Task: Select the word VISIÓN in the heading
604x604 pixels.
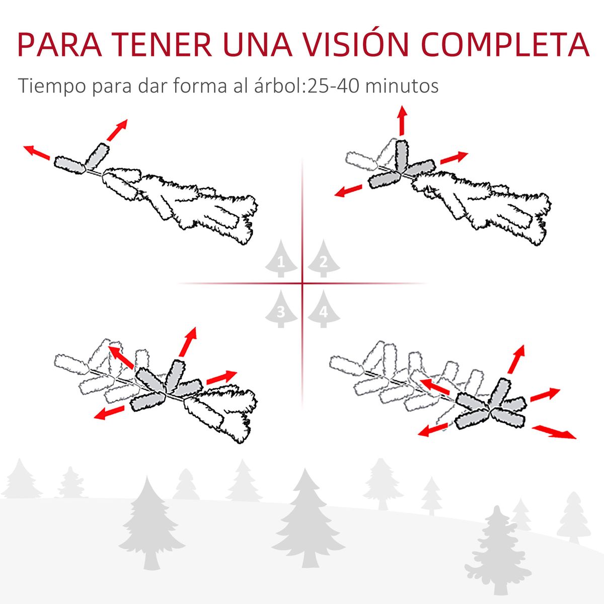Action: [x=357, y=45]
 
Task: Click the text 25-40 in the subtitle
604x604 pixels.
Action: [x=333, y=86]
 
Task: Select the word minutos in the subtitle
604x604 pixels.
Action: [x=401, y=86]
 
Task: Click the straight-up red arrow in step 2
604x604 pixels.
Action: [x=402, y=121]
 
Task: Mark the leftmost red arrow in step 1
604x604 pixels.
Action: [x=37, y=152]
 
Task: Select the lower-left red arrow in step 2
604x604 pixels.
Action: [x=348, y=191]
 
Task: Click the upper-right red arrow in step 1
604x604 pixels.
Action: [x=117, y=130]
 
